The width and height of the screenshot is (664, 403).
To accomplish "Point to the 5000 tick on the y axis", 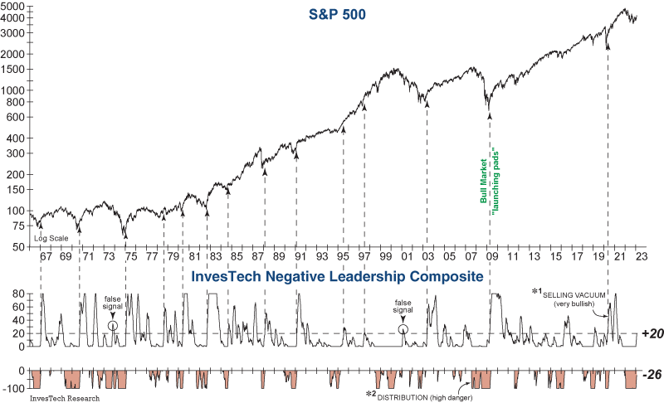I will point(14,6).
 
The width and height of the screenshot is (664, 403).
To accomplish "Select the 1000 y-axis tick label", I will point(14,90).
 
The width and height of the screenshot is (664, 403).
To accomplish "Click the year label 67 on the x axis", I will point(46,259).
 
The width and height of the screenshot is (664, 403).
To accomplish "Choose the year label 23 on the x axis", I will point(641,259).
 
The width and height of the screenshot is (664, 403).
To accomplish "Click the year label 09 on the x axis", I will point(492,259).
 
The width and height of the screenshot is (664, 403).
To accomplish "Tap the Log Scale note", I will point(51,238).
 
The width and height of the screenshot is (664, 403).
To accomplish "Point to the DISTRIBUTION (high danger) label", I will point(417,394).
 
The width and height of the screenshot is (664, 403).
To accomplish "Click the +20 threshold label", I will point(651,333).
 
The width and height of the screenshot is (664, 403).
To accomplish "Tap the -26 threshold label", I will point(651,375).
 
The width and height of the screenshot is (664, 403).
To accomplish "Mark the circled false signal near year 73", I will point(113,326).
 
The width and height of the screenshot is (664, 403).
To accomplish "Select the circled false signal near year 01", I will point(403,329).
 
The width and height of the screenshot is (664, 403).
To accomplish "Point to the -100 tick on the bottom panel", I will point(15,386).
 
